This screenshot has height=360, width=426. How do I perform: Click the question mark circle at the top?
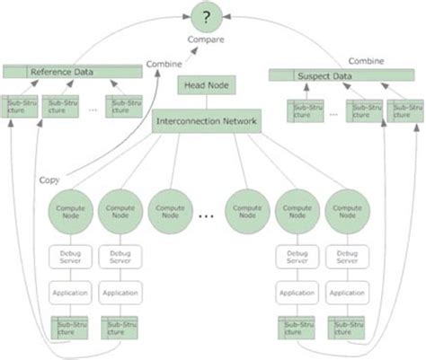pos(208,19)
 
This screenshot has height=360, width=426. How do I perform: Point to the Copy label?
pos(49,180)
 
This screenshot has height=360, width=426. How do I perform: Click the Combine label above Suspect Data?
pos(366,60)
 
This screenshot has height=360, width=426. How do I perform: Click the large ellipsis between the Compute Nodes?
pos(206,216)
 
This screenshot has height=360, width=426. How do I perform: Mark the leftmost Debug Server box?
pos(71,258)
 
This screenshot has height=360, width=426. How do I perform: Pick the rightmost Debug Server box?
pos(347,258)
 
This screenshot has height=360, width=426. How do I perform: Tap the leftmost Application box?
pos(71,292)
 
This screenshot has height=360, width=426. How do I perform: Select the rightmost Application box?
pos(347,292)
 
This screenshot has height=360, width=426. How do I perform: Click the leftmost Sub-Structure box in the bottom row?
pos(71,327)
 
